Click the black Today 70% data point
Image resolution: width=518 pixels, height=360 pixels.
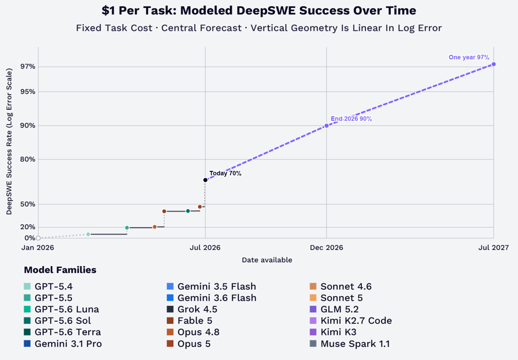205,180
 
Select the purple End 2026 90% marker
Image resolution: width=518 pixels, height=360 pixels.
326,125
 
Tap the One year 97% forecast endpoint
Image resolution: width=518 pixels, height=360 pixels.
494,64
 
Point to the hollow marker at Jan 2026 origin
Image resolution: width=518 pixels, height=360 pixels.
39,238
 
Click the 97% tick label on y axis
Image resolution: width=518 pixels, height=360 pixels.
28,67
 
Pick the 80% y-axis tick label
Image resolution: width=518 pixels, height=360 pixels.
28,159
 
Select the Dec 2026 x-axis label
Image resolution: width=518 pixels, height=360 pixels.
326,247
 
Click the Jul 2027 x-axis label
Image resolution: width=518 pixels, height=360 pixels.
494,247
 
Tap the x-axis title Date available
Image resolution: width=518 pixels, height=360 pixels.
267,260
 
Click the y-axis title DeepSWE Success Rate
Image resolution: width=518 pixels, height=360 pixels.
9,141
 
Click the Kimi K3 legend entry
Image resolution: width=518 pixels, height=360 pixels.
333,332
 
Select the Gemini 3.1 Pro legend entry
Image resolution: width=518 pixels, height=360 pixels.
63,343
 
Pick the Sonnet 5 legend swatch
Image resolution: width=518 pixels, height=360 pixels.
313,298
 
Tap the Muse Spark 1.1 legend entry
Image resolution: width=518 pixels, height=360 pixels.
349,343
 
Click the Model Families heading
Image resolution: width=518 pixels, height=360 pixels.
60,270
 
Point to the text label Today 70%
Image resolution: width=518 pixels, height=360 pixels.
225,173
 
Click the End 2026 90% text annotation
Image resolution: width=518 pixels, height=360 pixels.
351,119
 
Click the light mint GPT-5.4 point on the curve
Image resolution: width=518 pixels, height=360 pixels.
88,234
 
